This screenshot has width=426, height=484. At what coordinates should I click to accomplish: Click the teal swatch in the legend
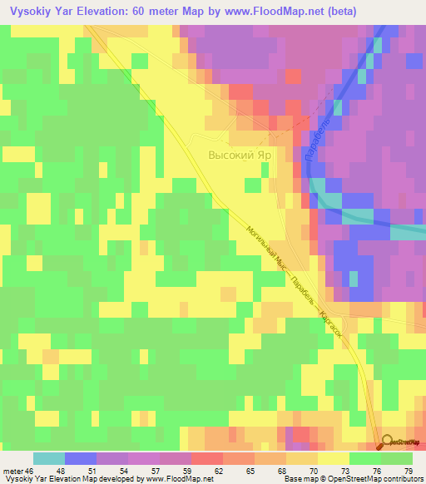49,458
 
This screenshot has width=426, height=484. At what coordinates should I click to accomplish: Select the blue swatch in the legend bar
81,458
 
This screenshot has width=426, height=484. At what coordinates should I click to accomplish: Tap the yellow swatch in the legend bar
334,458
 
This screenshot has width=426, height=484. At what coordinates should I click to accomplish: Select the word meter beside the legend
13,471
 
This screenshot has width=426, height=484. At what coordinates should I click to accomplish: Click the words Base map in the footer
297,479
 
